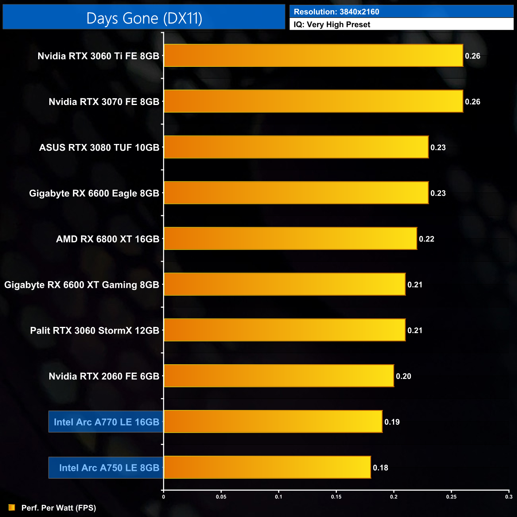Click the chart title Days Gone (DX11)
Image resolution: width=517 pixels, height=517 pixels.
click(x=144, y=18)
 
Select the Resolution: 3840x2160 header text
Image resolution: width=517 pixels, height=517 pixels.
click(x=336, y=12)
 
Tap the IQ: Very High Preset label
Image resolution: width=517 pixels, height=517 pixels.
click(x=332, y=25)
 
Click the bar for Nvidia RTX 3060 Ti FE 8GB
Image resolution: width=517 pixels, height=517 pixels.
click(x=313, y=56)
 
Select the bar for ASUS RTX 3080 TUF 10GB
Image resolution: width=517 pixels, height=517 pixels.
click(x=296, y=147)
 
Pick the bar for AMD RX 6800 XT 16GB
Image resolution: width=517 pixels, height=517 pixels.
click(x=290, y=239)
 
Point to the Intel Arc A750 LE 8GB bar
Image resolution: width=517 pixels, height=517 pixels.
click(x=267, y=467)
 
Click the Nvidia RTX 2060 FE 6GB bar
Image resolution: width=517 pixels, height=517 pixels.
click(x=279, y=376)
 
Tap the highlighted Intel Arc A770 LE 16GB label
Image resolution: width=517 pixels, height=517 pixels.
click(x=106, y=422)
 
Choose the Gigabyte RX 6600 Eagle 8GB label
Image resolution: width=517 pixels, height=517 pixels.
click(x=94, y=193)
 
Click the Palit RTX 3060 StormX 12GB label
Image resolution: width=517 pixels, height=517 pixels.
click(x=95, y=330)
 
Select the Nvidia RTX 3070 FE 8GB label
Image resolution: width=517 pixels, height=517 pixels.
click(x=104, y=102)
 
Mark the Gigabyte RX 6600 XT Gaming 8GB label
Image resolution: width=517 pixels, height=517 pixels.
click(x=82, y=285)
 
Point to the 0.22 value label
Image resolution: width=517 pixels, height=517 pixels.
click(x=426, y=239)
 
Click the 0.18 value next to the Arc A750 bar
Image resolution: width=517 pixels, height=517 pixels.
click(x=380, y=468)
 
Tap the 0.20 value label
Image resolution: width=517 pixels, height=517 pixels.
click(x=403, y=376)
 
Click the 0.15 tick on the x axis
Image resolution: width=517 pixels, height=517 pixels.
click(x=336, y=497)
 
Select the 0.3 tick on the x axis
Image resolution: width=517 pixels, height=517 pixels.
click(x=509, y=497)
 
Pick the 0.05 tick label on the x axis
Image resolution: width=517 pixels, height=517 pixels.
click(x=221, y=497)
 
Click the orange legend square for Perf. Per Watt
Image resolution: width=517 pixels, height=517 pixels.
click(x=12, y=507)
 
